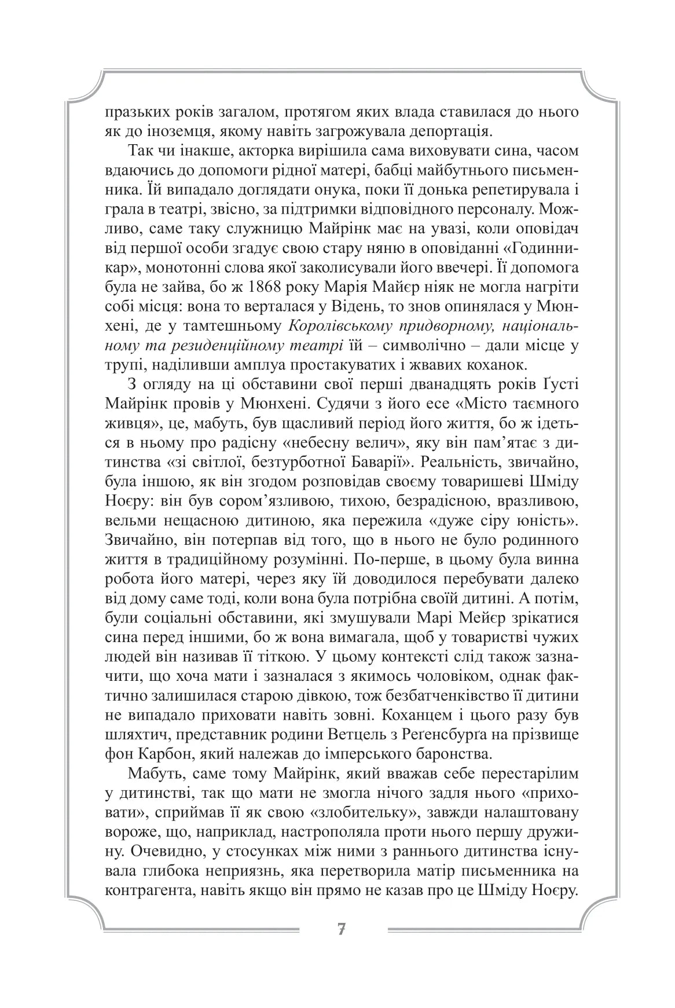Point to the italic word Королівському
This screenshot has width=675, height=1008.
pyautogui.click(x=341, y=327)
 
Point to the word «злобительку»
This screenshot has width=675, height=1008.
pyautogui.click(x=364, y=812)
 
